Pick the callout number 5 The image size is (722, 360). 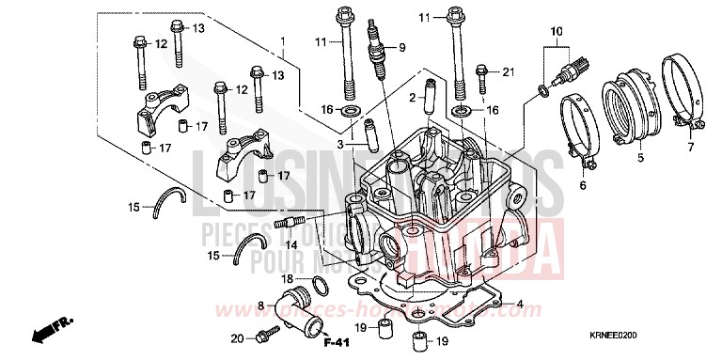tap(639, 159)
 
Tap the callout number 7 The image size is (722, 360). tap(689, 148)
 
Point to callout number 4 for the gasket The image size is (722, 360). tap(519, 303)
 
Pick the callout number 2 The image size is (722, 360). tap(411, 97)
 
